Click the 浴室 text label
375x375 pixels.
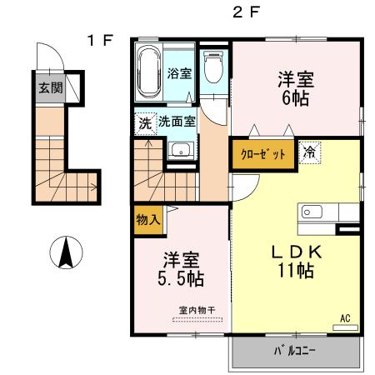(180, 73)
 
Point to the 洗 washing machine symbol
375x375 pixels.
(145, 121)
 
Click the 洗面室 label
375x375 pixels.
(177, 121)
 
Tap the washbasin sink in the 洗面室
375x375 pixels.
(180, 151)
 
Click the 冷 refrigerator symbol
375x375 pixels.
(309, 154)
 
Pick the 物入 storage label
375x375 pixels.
(147, 221)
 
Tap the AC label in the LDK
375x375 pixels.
(344, 317)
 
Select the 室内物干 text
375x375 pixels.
(197, 311)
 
